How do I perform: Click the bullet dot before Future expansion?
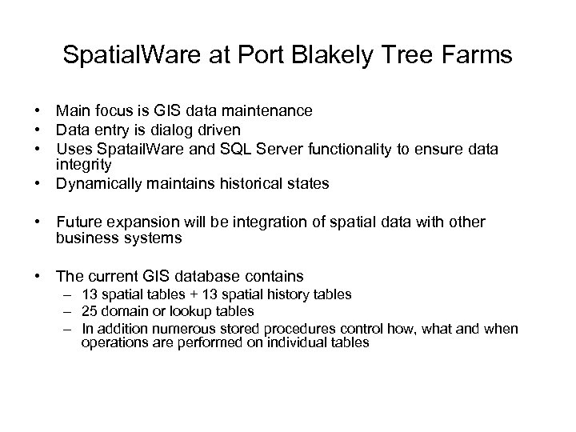(38, 222)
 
